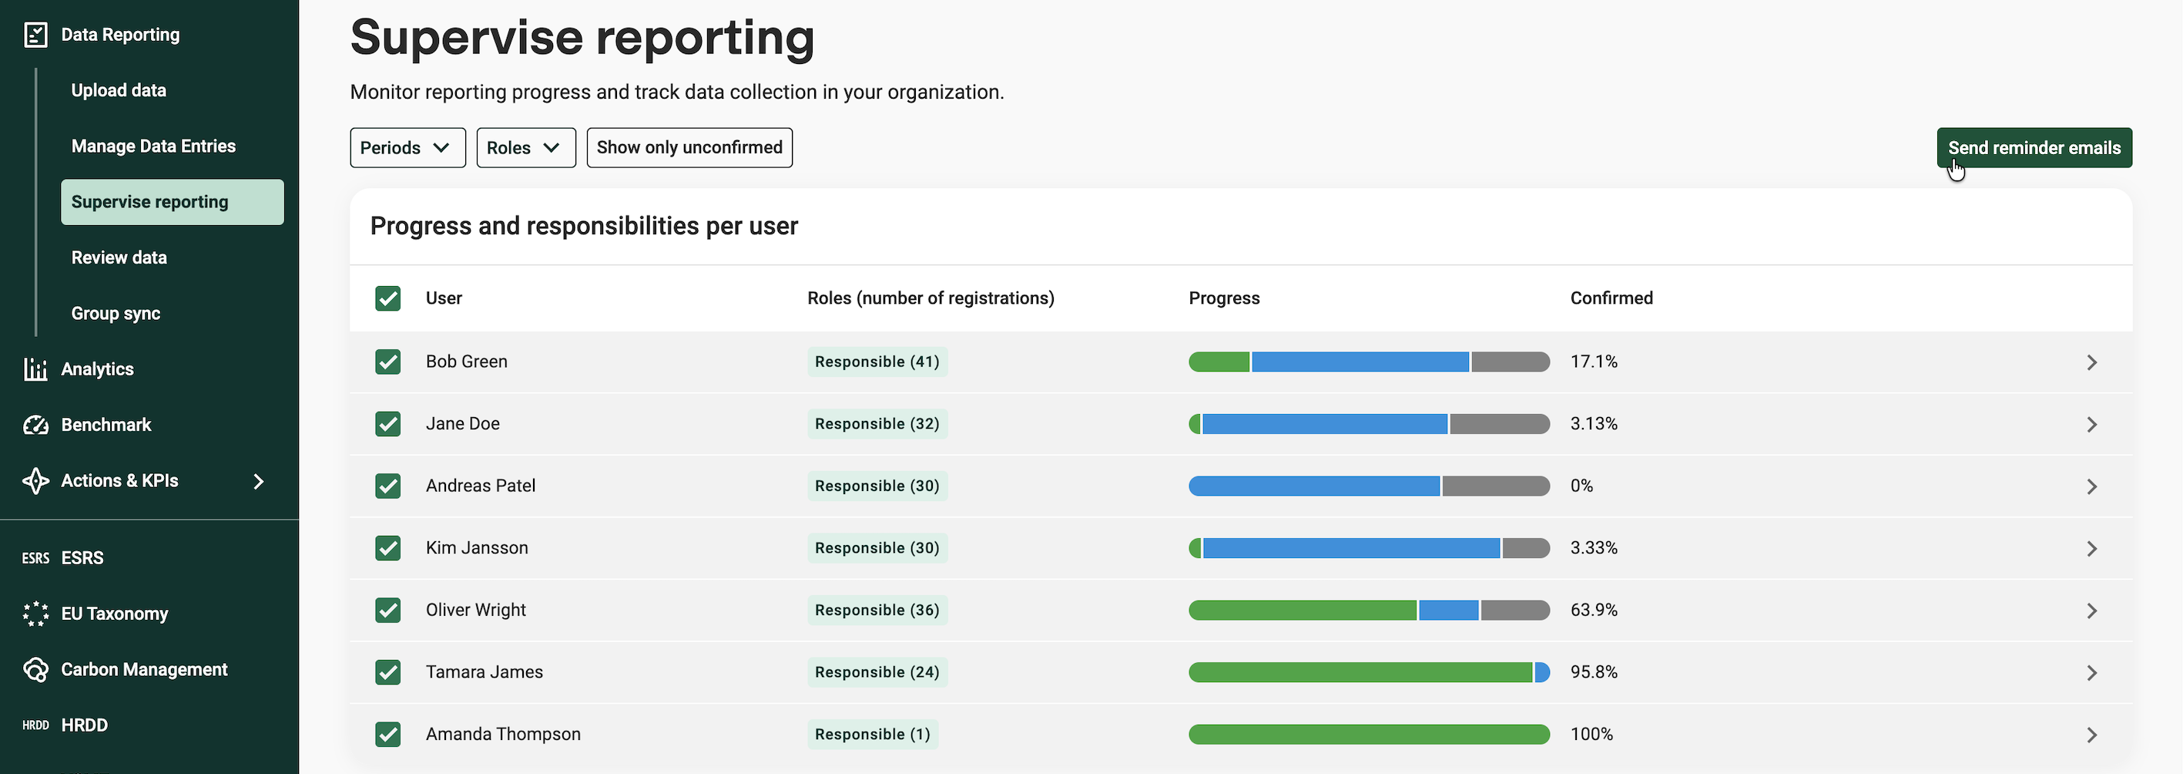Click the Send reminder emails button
click(x=2034, y=147)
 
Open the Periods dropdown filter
click(x=407, y=147)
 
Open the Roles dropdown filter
click(x=526, y=147)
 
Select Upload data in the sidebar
click(x=119, y=90)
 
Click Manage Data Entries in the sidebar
click(x=153, y=146)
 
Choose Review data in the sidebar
click(x=119, y=257)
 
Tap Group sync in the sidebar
click(x=116, y=314)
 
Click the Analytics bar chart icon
click(x=35, y=368)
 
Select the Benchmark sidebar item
click(x=106, y=425)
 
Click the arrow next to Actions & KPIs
click(x=260, y=482)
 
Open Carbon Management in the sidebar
click(x=144, y=670)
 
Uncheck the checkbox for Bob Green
click(x=388, y=362)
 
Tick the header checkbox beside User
click(x=388, y=298)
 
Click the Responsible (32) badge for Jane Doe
click(x=877, y=424)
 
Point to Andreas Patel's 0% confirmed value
click(x=1581, y=486)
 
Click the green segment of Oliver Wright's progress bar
click(x=1303, y=611)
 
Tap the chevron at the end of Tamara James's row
click(x=2091, y=673)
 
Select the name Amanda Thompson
click(x=503, y=734)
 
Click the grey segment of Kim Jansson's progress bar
click(x=1526, y=548)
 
